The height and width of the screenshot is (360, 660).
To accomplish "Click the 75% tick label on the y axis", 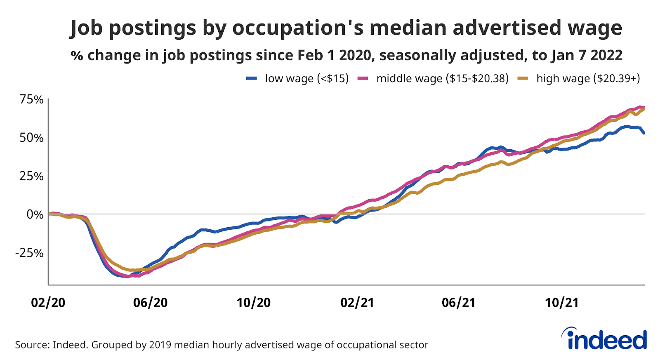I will pos(31,99).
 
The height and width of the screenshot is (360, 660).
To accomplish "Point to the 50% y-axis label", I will pos(31,138).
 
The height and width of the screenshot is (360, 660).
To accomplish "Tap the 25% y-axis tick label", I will pos(31,176).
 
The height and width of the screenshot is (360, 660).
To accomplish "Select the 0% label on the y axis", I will pos(35,214).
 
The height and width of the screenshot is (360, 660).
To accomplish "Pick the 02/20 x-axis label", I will pos(48,303).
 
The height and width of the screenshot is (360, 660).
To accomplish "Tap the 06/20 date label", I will pos(151,303).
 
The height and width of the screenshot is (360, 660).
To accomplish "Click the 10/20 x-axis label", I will pos(253,303).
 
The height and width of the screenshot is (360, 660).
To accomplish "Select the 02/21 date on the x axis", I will pos(357,303).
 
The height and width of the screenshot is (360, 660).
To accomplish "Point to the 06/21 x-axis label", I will pos(459,303).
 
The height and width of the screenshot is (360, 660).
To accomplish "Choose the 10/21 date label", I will pos(561,303).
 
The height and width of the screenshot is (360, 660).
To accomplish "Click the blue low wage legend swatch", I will pos(252,78).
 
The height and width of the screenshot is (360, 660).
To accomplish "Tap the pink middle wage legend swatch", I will pos(363,78).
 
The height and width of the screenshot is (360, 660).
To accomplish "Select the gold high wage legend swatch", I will pos(523,78).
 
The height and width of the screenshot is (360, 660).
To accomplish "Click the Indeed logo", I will pos(604,340).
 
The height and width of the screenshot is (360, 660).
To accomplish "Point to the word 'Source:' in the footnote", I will pos(32,345).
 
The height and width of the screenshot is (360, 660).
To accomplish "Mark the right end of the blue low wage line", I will pos(644,133).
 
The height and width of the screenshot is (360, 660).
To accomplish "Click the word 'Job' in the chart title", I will pos(87,28).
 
